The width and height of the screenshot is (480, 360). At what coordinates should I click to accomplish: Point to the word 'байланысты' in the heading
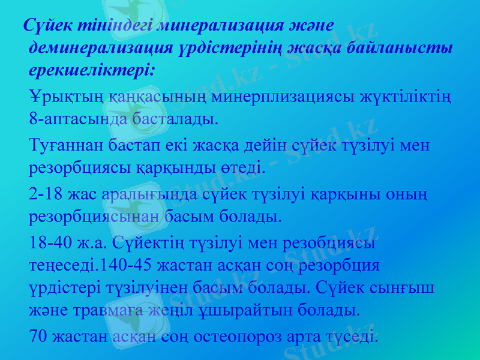pos(407,47)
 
